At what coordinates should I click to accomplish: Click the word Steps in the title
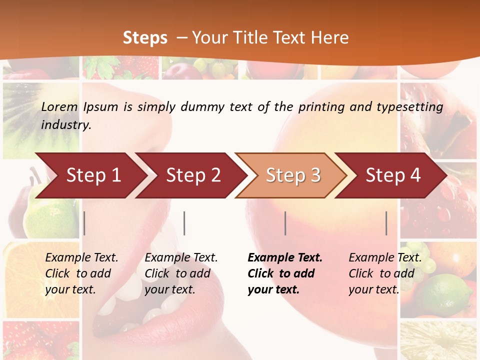145,38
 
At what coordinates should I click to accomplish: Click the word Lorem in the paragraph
59,106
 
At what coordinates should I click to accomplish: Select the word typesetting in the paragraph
409,106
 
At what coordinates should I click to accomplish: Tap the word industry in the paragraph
66,124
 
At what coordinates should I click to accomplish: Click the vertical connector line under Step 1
84,223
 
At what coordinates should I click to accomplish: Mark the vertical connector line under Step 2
184,223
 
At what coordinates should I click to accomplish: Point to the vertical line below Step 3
285,223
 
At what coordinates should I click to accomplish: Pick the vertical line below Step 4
386,223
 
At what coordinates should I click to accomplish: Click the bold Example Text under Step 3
285,258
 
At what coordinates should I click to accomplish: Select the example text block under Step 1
81,273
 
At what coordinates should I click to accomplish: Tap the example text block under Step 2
181,273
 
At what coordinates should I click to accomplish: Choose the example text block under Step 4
385,273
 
